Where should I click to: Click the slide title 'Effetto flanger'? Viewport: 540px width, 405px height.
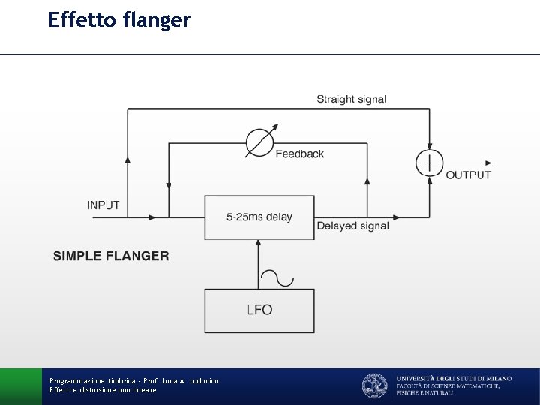coord(119,19)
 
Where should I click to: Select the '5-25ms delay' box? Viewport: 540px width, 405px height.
coord(259,217)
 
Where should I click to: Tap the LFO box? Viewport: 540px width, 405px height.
coord(259,310)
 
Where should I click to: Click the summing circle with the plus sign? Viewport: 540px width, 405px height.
coord(430,163)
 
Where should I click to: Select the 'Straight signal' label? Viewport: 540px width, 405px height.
coord(352,99)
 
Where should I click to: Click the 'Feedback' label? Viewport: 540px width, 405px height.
coord(300,154)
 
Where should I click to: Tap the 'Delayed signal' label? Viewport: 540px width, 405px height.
coord(352,226)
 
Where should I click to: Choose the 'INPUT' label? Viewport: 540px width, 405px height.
coord(103,205)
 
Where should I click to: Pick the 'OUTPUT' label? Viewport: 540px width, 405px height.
coord(469,175)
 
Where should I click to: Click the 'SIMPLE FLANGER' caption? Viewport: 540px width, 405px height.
coord(111,256)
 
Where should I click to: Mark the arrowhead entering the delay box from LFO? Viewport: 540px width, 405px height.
coord(259,244)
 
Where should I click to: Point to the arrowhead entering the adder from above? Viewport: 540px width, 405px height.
coord(430,147)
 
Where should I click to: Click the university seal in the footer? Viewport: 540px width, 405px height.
coord(374,385)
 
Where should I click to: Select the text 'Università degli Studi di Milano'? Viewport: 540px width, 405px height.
coord(454,379)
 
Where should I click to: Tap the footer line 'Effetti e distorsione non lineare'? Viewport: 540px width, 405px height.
coord(103,390)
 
